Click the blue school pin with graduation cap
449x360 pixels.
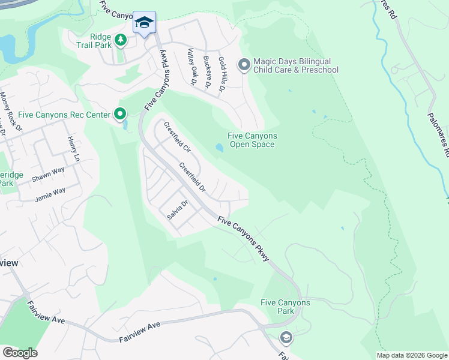click(144, 23)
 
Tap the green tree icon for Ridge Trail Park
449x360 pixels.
click(121, 40)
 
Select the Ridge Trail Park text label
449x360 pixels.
click(92, 40)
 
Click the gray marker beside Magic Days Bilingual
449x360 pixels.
click(244, 65)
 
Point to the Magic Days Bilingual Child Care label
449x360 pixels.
click(295, 65)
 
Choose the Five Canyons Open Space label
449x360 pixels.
click(252, 140)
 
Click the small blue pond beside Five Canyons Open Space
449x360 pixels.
click(220, 148)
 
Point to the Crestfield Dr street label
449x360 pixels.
click(193, 179)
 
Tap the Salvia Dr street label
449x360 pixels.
click(178, 210)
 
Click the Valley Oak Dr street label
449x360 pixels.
click(191, 68)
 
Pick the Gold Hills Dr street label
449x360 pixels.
click(221, 73)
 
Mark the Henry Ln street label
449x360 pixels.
click(73, 149)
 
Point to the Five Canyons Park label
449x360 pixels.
click(286, 307)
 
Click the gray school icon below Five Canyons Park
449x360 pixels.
click(286, 337)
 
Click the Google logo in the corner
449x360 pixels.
click(20, 352)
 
